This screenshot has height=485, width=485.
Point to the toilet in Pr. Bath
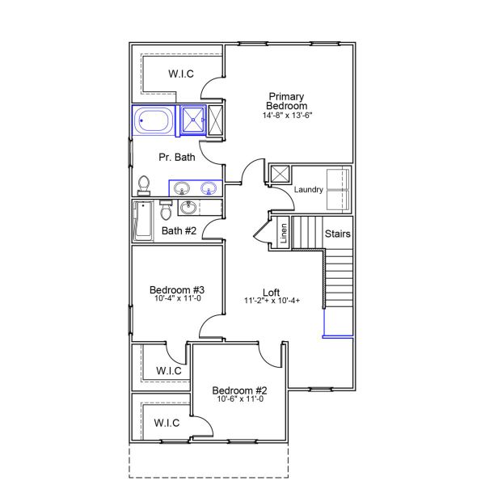tap(145, 185)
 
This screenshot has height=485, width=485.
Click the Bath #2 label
tap(179, 231)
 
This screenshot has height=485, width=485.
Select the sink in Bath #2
tap(189, 209)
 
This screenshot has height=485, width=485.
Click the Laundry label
tap(309, 190)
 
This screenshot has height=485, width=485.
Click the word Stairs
tap(337, 234)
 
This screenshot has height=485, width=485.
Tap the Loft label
tap(272, 292)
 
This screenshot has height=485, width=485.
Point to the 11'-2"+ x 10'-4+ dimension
tap(272, 302)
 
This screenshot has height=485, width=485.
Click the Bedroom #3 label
tap(176, 289)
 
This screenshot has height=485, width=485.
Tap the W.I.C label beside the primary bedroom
tap(181, 74)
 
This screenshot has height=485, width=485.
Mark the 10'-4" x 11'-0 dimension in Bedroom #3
tap(176, 299)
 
